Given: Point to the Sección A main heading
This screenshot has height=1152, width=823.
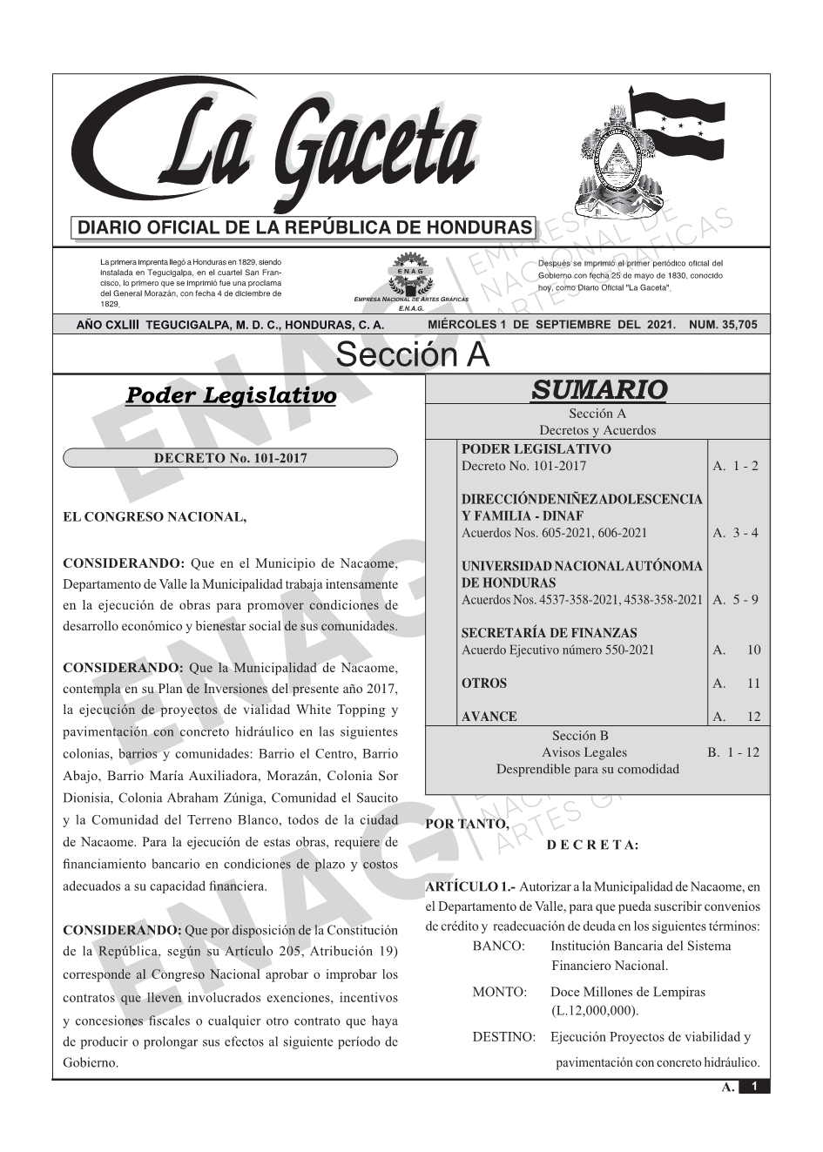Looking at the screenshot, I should coord(412,355).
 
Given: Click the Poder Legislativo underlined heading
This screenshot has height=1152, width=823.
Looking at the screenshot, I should coord(231,395).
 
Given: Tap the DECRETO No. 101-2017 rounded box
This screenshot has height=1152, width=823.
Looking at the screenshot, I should coord(230,458).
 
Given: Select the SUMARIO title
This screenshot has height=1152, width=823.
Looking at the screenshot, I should coord(598,390).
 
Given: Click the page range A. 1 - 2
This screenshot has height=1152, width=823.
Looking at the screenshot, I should coord(736,466).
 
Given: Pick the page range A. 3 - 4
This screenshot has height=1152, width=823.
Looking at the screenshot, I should coord(736,533).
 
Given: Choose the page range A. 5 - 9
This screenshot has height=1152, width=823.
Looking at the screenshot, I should coord(736,600).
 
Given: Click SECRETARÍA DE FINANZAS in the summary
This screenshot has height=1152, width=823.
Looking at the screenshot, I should coord(549,633).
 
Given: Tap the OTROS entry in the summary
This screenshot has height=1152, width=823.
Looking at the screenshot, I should coord(483,684).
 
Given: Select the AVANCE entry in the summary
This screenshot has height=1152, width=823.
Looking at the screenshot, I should coord(489,717).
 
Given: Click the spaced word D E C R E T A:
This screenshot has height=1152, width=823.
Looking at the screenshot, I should coord(593,845).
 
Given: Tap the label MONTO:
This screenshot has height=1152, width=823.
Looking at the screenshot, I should coord(499,992).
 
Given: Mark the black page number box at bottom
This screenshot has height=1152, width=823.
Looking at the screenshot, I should coord(754,1087).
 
